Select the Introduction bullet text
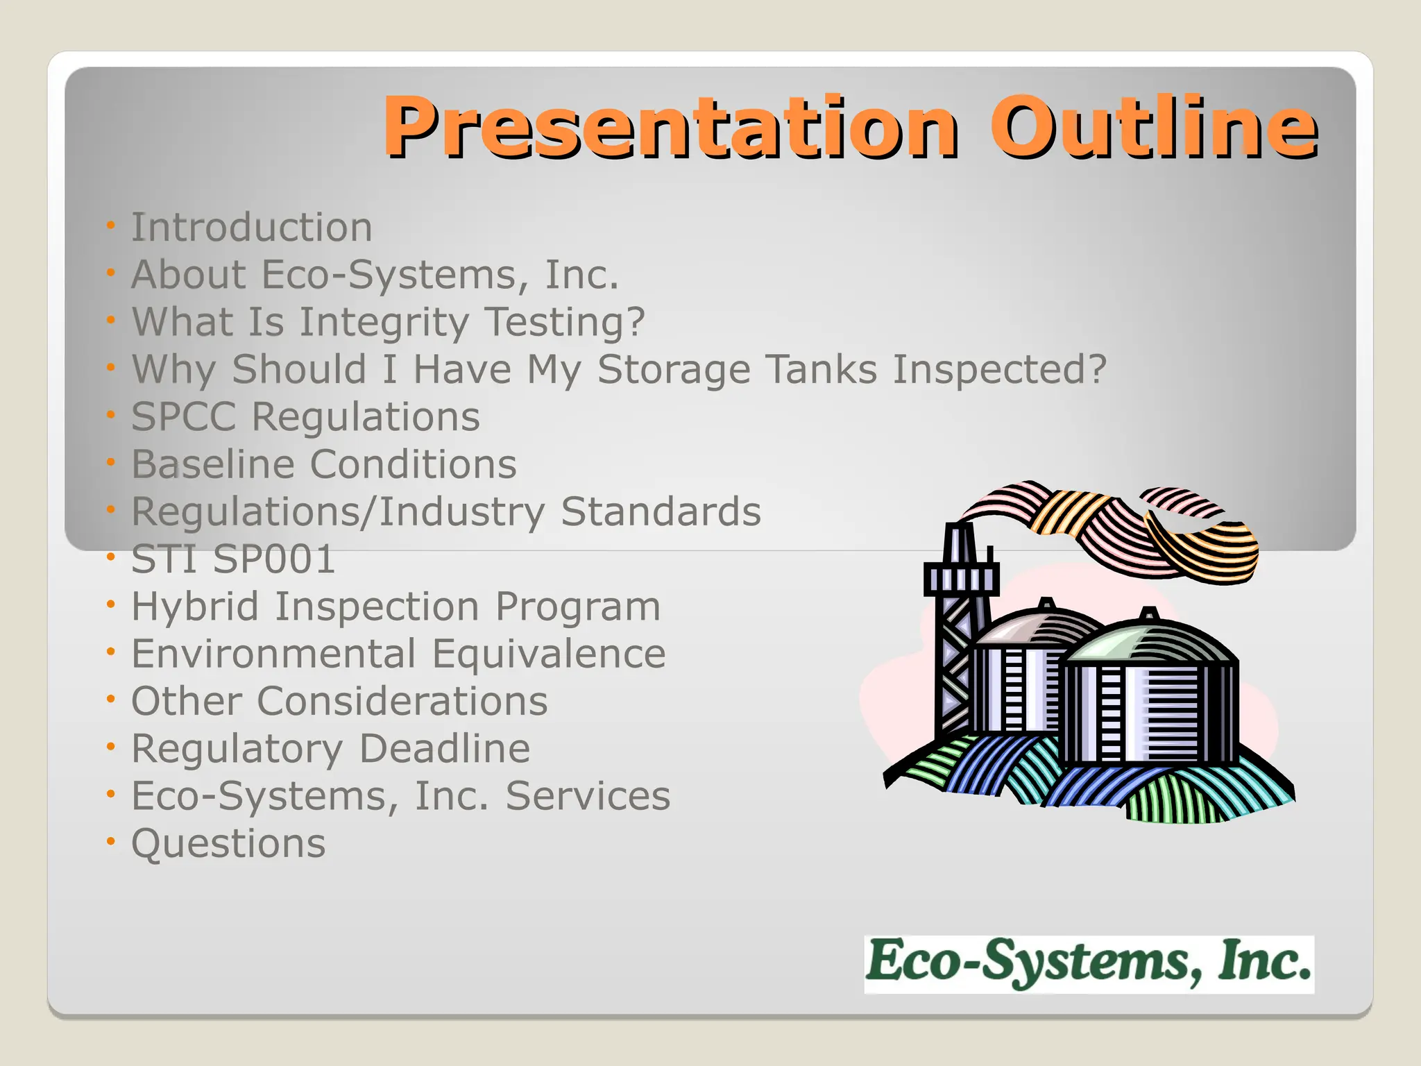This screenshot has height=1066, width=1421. pyautogui.click(x=252, y=228)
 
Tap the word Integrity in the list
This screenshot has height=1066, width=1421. pyautogui.click(x=384, y=323)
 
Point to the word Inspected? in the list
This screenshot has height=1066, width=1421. pyautogui.click(x=999, y=370)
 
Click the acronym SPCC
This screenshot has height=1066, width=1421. pyautogui.click(x=184, y=417)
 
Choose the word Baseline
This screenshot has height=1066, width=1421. pyautogui.click(x=212, y=464)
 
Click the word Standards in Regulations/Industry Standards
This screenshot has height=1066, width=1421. pyautogui.click(x=661, y=512)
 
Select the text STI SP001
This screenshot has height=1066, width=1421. pyautogui.click(x=233, y=559)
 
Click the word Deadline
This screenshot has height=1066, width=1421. pyautogui.click(x=444, y=749)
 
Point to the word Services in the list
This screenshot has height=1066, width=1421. pyautogui.click(x=588, y=796)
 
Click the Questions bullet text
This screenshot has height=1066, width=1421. pyautogui.click(x=228, y=844)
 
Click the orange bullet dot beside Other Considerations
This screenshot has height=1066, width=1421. pyautogui.click(x=110, y=700)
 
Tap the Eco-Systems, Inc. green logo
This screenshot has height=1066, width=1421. pyautogui.click(x=1089, y=964)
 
